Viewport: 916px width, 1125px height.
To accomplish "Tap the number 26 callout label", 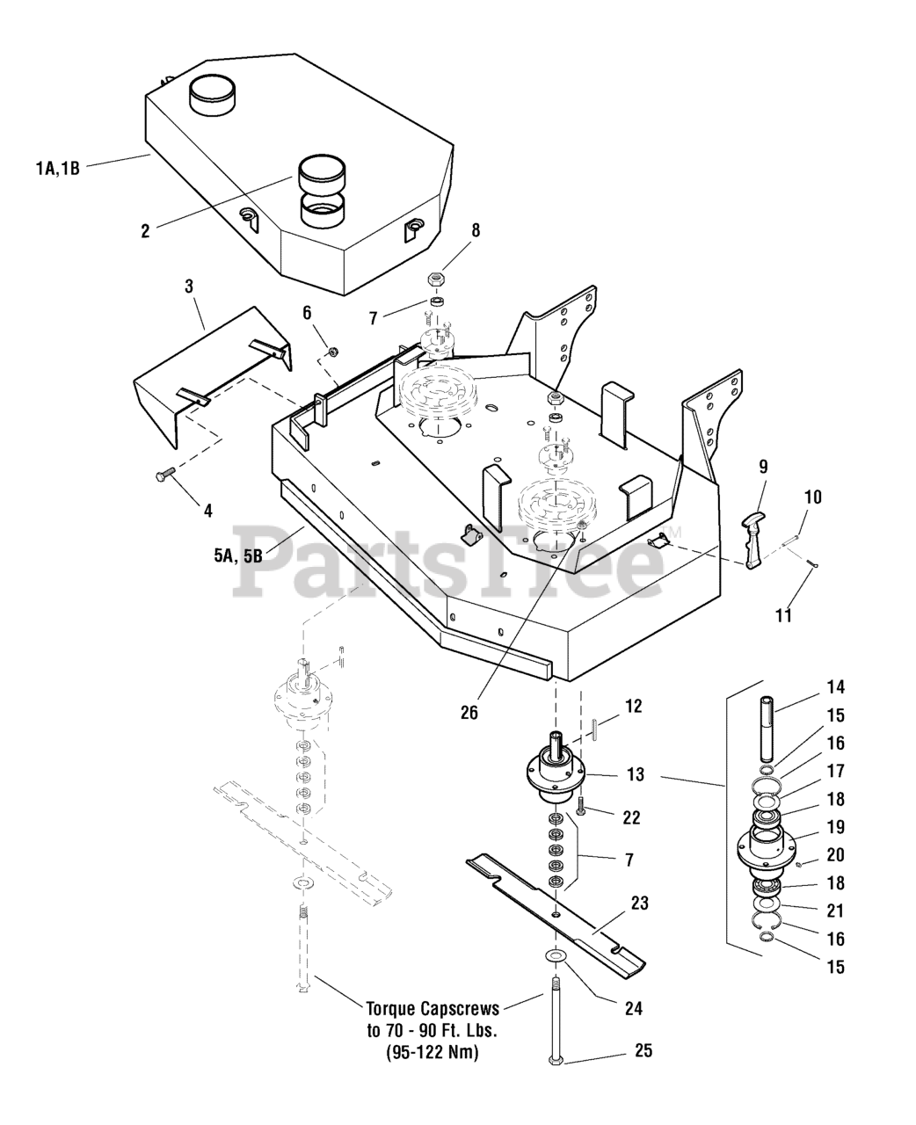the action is [x=469, y=713].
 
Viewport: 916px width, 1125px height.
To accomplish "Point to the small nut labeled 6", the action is [x=333, y=352].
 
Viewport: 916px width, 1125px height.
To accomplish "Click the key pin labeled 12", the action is [x=595, y=729].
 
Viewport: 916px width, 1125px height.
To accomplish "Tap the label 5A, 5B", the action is [x=237, y=556].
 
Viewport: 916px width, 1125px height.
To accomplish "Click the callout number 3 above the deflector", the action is [x=189, y=287].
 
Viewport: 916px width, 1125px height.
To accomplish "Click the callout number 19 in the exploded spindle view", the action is [x=836, y=826].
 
